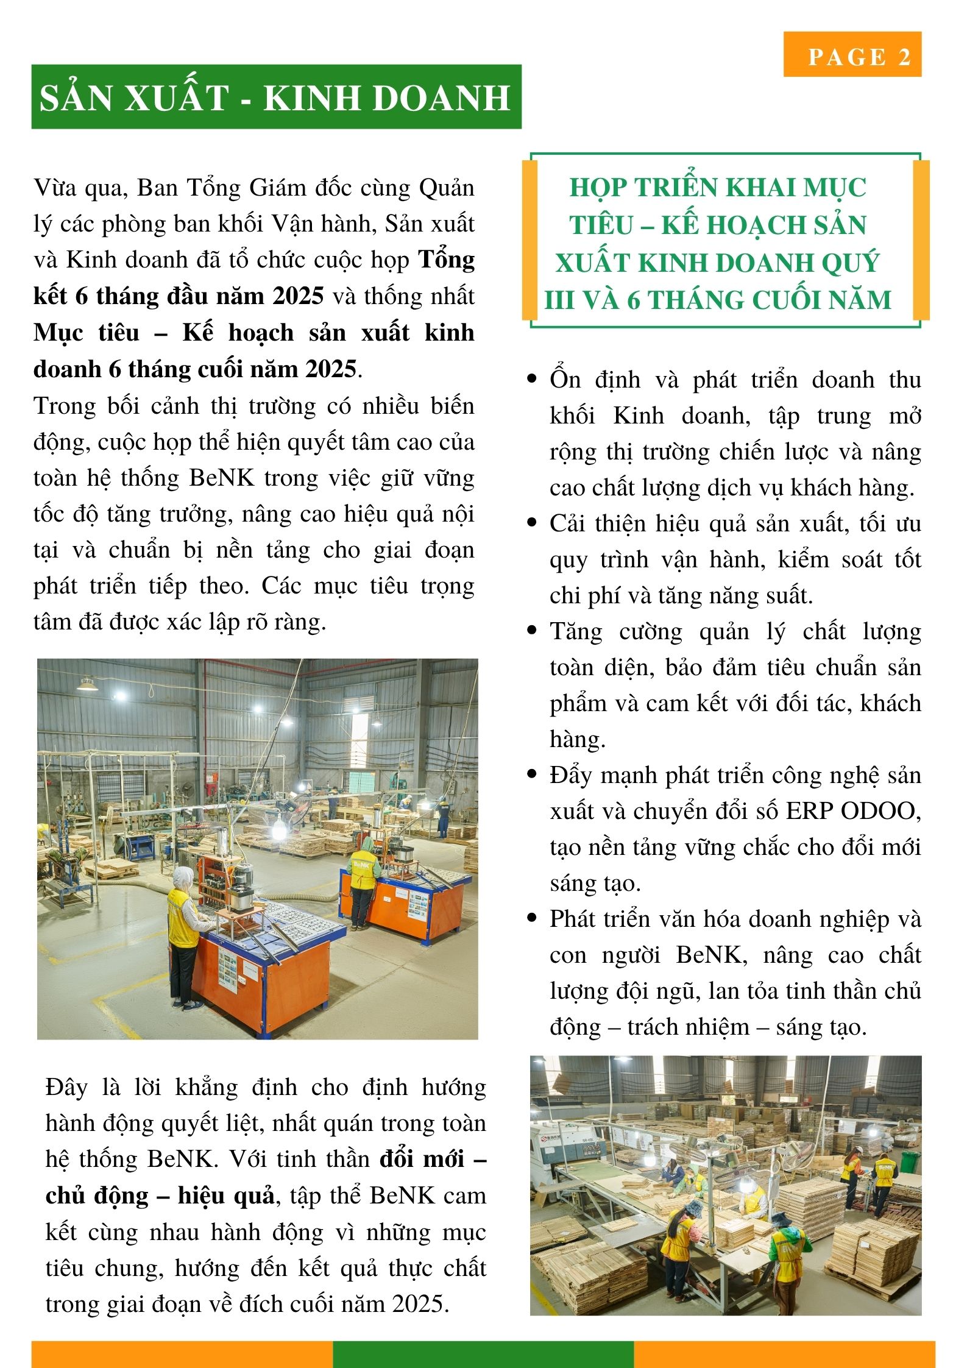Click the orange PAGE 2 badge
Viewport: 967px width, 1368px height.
tap(852, 55)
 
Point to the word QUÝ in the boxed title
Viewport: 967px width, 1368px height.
tap(851, 263)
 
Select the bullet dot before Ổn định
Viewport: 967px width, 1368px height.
tap(532, 379)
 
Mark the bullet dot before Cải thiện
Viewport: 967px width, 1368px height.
tap(532, 523)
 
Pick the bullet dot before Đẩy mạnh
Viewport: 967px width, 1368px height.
tap(532, 775)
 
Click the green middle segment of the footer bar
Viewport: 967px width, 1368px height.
tap(483, 1354)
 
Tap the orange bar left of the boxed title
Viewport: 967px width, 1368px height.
tap(530, 240)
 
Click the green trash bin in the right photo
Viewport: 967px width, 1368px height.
tap(910, 1162)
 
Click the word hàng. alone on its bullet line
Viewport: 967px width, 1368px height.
tap(578, 739)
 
